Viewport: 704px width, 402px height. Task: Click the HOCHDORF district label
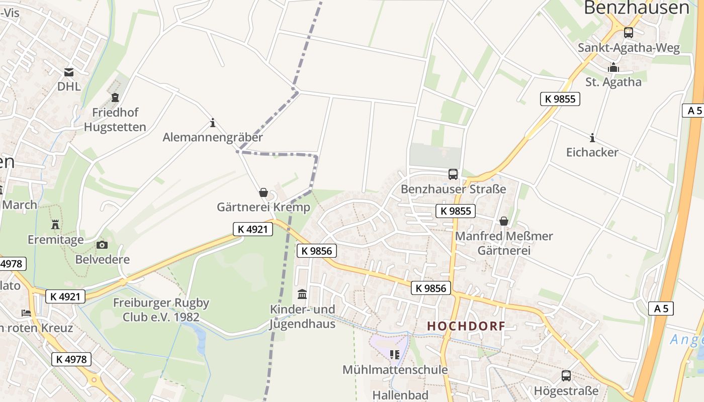tap(466, 326)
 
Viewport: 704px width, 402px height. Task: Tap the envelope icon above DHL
tap(69, 72)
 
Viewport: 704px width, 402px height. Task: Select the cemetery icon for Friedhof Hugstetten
tap(115, 97)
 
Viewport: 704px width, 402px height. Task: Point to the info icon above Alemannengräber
tap(213, 123)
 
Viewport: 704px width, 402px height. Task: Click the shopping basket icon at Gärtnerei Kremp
tap(263, 192)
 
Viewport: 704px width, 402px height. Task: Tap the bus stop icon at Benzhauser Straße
tap(453, 174)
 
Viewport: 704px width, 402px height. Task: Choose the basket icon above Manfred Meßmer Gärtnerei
tap(504, 221)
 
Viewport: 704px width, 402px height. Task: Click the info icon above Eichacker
tap(592, 138)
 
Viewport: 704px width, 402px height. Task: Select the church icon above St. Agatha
tap(613, 67)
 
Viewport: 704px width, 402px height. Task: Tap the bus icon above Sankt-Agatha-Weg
tap(628, 33)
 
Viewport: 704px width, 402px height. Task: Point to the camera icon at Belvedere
tap(102, 245)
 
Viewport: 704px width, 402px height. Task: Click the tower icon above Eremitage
tap(55, 224)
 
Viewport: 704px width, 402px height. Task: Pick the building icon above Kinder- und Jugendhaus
tap(302, 294)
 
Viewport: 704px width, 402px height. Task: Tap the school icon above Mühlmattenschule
tap(395, 355)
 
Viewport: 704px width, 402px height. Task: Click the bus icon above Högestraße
tap(566, 375)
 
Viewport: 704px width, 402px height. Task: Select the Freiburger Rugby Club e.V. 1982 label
tap(161, 310)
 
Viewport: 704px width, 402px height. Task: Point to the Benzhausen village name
tap(636, 8)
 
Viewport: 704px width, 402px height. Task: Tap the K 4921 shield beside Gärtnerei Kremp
tap(253, 229)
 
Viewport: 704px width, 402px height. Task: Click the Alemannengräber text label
tap(213, 137)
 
